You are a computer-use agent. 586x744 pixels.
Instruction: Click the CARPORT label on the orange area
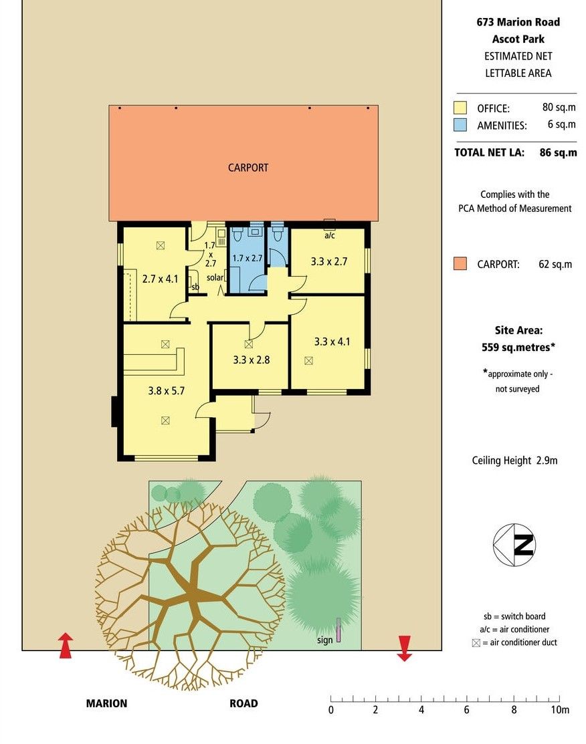tap(248, 168)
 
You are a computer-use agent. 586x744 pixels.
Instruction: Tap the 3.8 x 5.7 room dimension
tap(166, 391)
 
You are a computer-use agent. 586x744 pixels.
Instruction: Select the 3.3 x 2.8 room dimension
tap(252, 360)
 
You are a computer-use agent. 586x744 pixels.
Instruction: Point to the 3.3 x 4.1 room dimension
tap(332, 342)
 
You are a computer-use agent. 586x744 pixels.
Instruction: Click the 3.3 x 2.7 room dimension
tap(329, 261)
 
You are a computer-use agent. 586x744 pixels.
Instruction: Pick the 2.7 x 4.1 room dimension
tap(160, 279)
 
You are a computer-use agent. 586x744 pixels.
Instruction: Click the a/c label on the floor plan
tap(330, 235)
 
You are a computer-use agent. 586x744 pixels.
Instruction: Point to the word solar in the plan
tap(215, 277)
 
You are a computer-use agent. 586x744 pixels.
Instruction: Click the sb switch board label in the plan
tap(195, 287)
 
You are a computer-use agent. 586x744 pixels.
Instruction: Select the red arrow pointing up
tap(66, 645)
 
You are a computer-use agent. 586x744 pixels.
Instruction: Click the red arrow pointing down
tap(404, 648)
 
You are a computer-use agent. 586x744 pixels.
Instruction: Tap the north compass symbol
tap(514, 545)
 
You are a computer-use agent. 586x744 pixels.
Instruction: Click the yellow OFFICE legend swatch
tap(460, 108)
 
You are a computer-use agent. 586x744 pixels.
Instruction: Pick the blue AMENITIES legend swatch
tap(460, 125)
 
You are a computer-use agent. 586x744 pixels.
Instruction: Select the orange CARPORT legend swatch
tap(460, 264)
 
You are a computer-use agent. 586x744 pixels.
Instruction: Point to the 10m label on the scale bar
tap(560, 710)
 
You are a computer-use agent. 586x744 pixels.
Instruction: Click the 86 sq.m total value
tap(558, 153)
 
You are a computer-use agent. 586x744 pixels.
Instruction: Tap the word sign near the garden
tap(325, 640)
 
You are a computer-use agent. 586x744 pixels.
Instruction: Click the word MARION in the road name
tap(106, 704)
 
